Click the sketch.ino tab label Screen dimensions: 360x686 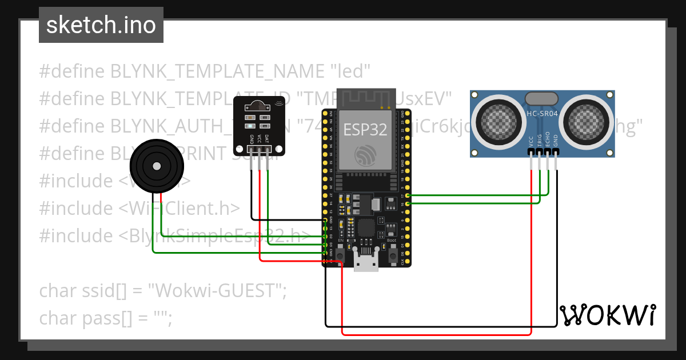pyautogui.click(x=101, y=25)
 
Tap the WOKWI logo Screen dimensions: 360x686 pyautogui.click(x=607, y=315)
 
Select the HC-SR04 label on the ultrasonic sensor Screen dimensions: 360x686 pyautogui.click(x=541, y=114)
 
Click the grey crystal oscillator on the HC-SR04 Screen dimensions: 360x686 pyautogui.click(x=541, y=98)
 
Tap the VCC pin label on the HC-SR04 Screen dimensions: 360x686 pyautogui.click(x=532, y=142)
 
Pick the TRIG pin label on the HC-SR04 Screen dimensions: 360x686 pyautogui.click(x=540, y=142)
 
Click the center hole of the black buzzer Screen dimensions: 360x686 pyautogui.click(x=157, y=166)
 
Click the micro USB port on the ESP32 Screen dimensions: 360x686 pyautogui.click(x=366, y=262)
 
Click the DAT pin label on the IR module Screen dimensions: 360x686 pyautogui.click(x=267, y=138)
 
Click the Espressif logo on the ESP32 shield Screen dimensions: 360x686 pyautogui.click(x=365, y=154)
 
